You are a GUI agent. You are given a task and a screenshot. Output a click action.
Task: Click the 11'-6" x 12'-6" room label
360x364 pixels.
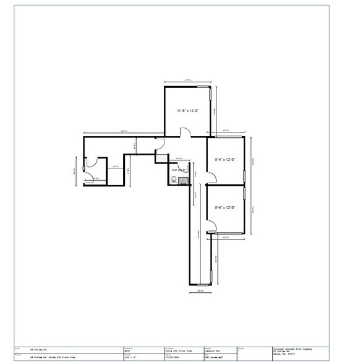187,111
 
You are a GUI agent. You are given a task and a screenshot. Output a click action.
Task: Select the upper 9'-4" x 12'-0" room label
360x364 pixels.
225,160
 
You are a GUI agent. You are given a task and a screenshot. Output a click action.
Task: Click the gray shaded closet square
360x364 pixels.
161,158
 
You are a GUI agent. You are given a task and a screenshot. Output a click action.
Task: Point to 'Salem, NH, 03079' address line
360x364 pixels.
285,355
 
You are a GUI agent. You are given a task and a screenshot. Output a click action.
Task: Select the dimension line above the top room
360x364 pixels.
188,80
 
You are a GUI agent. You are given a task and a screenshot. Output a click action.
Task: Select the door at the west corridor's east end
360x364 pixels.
160,144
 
